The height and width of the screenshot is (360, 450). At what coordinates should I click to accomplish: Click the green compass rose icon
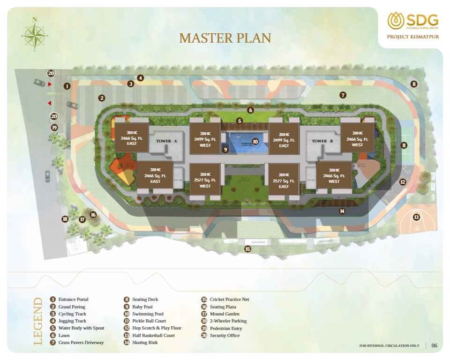34,34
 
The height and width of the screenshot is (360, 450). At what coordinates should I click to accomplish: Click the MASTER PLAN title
225,38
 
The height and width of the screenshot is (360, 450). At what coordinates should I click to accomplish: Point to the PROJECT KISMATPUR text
413,37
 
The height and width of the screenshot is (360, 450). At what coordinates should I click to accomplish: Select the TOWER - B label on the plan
322,141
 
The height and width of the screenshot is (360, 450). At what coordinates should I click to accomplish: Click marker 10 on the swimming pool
255,141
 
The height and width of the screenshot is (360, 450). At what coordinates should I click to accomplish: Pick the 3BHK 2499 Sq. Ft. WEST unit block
205,139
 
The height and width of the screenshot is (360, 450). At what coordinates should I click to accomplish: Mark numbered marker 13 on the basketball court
416,217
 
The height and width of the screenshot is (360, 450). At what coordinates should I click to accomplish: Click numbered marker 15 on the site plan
247,249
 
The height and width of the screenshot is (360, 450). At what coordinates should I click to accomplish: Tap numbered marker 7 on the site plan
343,95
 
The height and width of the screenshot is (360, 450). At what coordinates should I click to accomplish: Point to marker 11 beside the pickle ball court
404,145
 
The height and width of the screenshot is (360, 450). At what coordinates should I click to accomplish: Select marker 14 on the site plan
342,211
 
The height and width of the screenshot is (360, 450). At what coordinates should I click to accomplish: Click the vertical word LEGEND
38,321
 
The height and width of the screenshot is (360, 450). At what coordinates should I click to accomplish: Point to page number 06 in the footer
435,346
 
